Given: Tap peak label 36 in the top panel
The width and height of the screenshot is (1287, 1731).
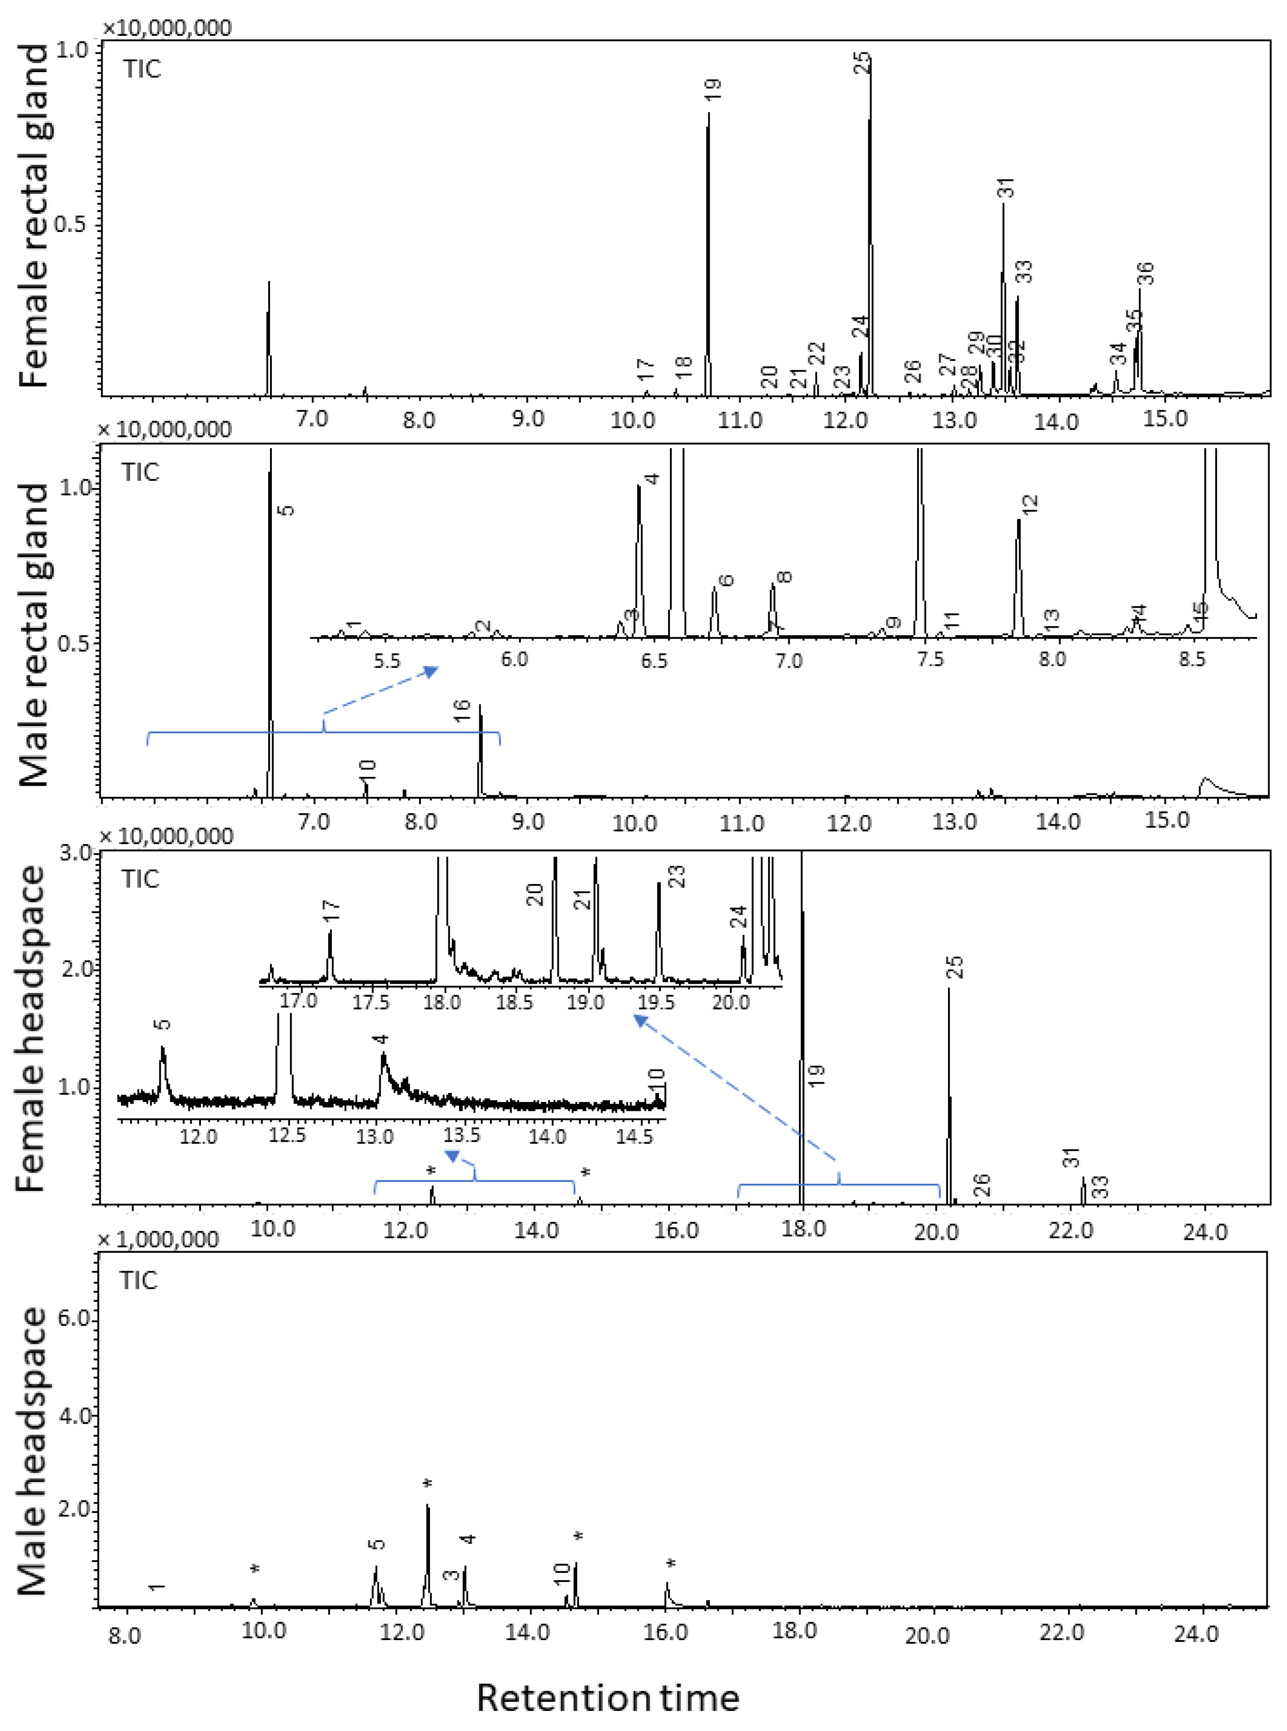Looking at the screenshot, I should pos(1145,274).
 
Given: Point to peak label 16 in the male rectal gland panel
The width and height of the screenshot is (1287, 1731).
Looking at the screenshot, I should pos(462,711).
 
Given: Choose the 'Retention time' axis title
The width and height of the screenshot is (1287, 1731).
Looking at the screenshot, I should pos(608,1697).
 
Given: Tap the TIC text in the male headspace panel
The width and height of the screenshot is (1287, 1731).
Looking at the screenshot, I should pos(139,1280).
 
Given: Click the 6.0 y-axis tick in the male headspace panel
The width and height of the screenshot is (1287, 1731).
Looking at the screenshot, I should pos(76,1319).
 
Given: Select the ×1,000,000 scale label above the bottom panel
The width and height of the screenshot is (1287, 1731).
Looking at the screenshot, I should pos(159,1239).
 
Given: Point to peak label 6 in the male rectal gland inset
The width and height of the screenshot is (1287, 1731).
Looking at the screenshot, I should pos(725,580).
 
